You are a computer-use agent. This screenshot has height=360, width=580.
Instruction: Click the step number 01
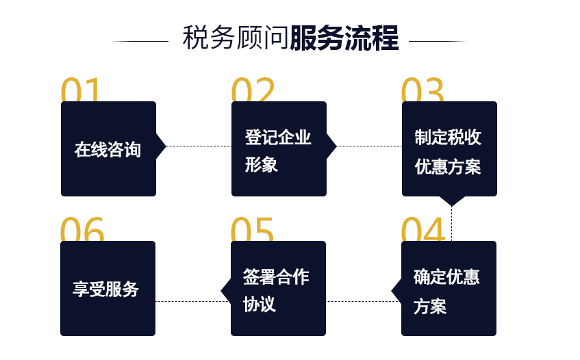click(x=80, y=90)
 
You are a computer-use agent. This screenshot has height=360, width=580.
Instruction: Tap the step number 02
click(x=253, y=90)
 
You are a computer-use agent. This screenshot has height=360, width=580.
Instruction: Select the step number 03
click(x=423, y=90)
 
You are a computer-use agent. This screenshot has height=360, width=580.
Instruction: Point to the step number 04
click(x=423, y=229)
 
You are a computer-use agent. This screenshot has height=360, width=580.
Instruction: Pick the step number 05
click(x=252, y=229)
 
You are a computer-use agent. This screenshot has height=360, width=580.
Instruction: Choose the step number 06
click(x=82, y=229)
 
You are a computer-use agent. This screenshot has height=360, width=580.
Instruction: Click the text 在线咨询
click(x=108, y=150)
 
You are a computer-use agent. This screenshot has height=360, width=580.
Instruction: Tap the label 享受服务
click(x=105, y=289)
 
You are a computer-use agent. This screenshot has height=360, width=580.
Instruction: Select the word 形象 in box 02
click(x=261, y=164)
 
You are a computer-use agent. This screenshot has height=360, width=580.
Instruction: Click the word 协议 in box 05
click(x=260, y=304)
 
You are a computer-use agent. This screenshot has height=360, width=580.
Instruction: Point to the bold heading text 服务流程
click(x=344, y=38)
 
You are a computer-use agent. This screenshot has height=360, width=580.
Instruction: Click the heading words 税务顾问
click(x=236, y=38)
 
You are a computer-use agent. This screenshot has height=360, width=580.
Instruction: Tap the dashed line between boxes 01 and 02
click(x=199, y=146)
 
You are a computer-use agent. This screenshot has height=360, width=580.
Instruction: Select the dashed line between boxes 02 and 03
click(x=369, y=146)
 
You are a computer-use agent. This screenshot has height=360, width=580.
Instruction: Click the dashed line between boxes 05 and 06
click(x=193, y=301)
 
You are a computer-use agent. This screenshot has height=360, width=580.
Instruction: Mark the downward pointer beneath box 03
click(x=452, y=201)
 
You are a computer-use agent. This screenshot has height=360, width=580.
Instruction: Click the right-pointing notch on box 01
click(x=161, y=146)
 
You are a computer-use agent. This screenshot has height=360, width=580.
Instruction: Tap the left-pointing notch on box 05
click(x=226, y=290)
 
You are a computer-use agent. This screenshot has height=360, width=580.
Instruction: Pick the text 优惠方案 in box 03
click(x=448, y=167)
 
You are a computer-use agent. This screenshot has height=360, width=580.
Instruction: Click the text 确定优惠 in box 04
click(x=447, y=277)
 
